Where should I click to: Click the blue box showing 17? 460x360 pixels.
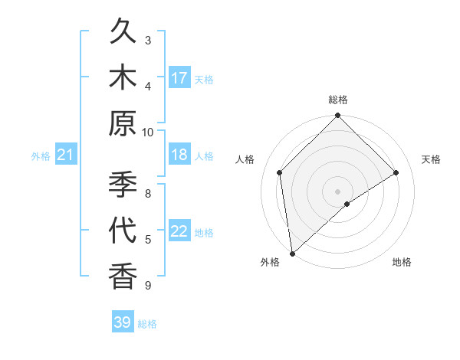click(x=179, y=77)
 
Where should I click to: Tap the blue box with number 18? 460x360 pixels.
click(x=179, y=155)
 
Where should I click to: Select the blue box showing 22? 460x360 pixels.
click(x=179, y=231)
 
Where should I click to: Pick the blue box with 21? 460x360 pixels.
click(x=66, y=155)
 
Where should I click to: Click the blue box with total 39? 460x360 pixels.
click(x=123, y=322)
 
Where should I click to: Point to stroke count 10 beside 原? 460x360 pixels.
click(x=148, y=132)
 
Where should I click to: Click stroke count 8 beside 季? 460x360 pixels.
click(x=148, y=193)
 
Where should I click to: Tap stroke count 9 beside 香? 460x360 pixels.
click(x=148, y=286)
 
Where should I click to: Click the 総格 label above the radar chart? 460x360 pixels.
click(x=338, y=100)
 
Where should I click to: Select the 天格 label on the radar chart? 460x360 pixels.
click(x=432, y=159)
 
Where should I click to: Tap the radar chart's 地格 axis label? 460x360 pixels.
click(x=402, y=262)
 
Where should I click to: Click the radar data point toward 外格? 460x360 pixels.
click(x=292, y=254)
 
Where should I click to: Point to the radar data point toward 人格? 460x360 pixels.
click(x=280, y=172)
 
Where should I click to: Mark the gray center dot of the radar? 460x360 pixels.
click(x=338, y=191)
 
